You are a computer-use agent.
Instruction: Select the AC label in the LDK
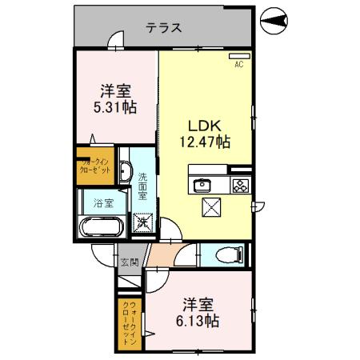click(x=238, y=66)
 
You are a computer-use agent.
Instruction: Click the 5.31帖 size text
click(x=116, y=106)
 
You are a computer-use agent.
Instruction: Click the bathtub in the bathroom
click(x=100, y=227)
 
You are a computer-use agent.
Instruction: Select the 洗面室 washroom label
click(x=142, y=187)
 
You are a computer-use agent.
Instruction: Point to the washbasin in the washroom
click(x=125, y=170)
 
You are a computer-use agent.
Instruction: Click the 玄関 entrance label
click(x=129, y=262)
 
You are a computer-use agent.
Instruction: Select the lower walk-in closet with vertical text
click(x=130, y=323)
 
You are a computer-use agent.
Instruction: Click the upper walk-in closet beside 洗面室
click(x=96, y=165)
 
